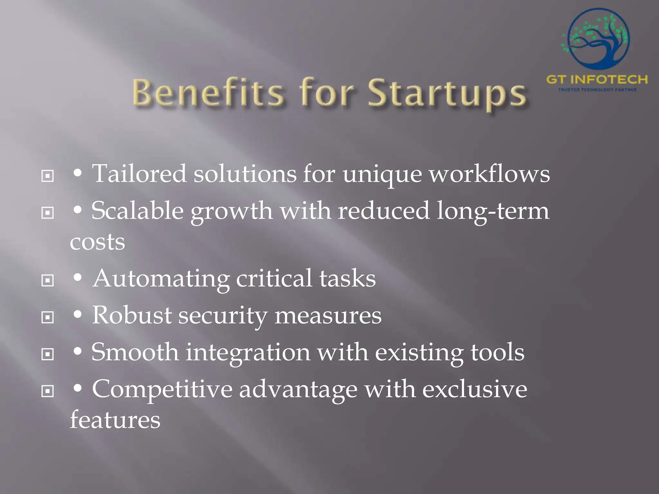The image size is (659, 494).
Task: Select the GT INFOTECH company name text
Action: [x=597, y=79]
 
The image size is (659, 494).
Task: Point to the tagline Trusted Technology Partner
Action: [x=597, y=90]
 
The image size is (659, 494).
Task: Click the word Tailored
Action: [x=139, y=174]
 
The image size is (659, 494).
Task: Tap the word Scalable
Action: [x=137, y=211]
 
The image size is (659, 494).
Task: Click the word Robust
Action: [x=132, y=315]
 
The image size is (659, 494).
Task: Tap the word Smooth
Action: [x=135, y=352]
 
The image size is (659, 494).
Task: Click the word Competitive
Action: [x=162, y=389]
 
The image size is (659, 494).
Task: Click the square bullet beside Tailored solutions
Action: [x=48, y=176]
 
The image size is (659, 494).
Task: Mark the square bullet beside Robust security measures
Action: [x=48, y=317]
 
